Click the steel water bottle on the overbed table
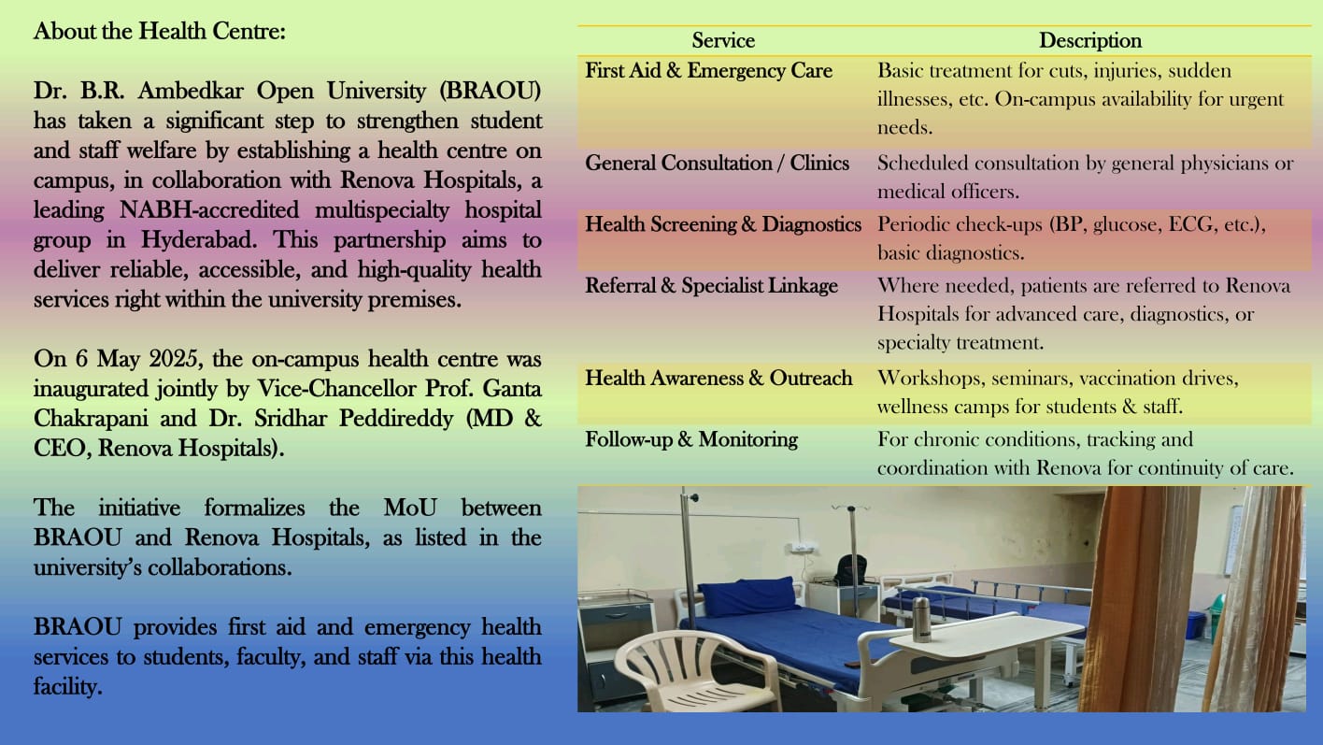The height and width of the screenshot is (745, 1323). pyautogui.click(x=921, y=619)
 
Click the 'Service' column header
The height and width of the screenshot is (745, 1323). pyautogui.click(x=723, y=40)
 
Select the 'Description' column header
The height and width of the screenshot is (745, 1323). pyautogui.click(x=1090, y=40)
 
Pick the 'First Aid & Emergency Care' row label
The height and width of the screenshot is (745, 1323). pyautogui.click(x=708, y=70)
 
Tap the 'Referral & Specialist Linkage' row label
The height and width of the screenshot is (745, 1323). pyautogui.click(x=711, y=285)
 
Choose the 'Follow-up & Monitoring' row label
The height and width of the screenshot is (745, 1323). pyautogui.click(x=691, y=438)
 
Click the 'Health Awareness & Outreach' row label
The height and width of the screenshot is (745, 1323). pyautogui.click(x=718, y=378)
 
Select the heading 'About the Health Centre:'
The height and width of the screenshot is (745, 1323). pyautogui.click(x=159, y=31)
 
